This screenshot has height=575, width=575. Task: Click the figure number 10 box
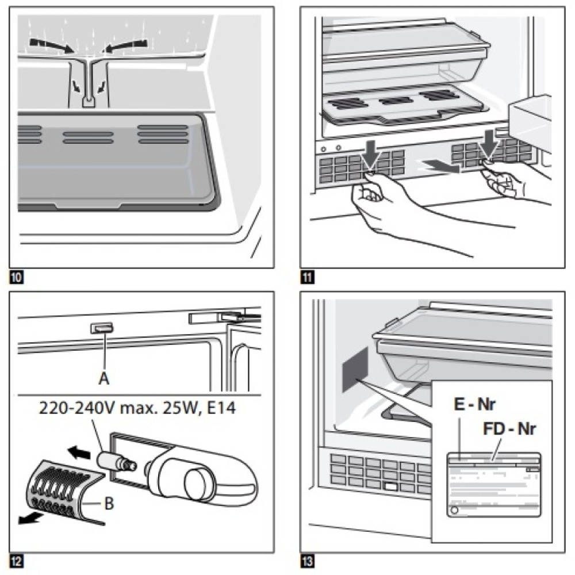(17, 279)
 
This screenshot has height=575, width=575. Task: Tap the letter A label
(103, 379)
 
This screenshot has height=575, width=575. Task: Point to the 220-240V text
(72, 410)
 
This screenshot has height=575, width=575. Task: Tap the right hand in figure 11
(507, 181)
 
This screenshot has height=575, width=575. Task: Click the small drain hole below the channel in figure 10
(87, 102)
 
